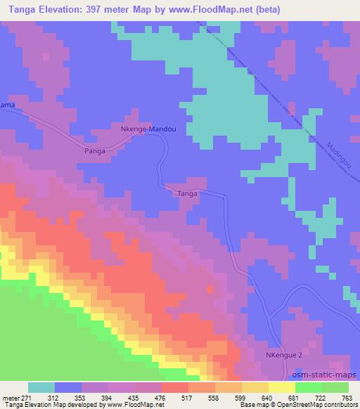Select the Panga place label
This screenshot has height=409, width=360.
pos(95,150)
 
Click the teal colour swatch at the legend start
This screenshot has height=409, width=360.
pos(41,387)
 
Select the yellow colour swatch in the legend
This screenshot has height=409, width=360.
pos(281,387)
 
